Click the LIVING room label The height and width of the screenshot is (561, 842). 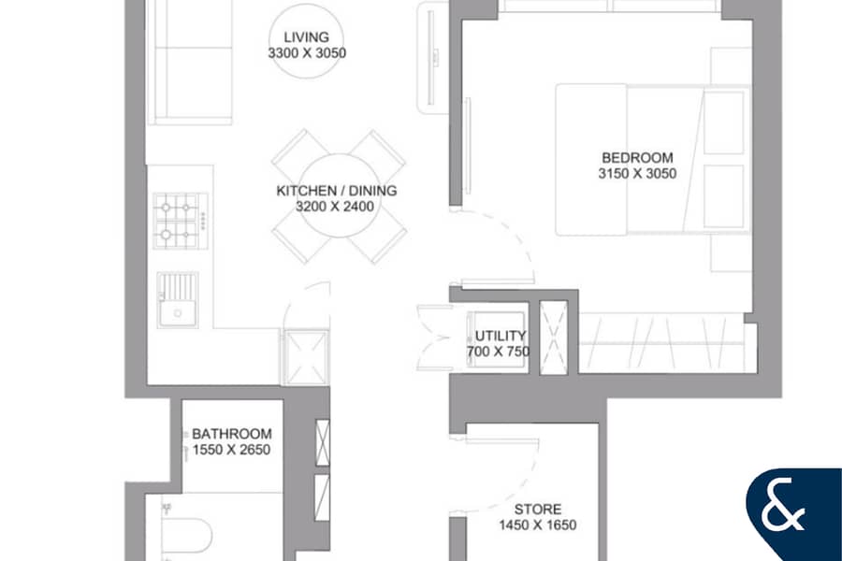pos(306,37)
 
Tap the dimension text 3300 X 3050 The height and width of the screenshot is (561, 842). pos(307,52)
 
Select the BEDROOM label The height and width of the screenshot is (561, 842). pos(637,158)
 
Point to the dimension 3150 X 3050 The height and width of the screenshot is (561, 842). pos(637,173)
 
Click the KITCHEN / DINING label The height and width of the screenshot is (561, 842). pos(337,191)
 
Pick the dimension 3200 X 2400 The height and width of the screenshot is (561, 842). pos(335,206)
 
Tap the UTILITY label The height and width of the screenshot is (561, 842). pos(500,336)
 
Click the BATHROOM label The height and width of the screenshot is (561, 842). pos(231,434)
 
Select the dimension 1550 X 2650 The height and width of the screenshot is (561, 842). pos(231,450)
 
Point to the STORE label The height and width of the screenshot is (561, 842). pos(538,510)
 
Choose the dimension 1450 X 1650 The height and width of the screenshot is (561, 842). pos(538,525)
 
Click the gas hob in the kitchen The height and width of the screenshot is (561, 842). pos(181,221)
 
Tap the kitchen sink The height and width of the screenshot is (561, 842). pos(178,300)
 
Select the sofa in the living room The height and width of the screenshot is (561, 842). pos(190,63)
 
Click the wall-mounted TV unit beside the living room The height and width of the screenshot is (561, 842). pos(432,58)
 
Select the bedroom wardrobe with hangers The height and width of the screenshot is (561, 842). pos(662,342)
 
